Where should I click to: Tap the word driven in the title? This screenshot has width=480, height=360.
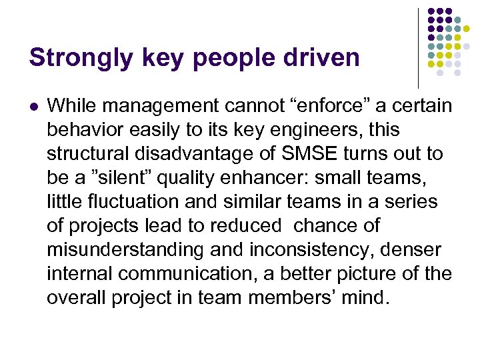pyautogui.click(x=329, y=58)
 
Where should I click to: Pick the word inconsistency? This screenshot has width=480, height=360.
pyautogui.click(x=311, y=249)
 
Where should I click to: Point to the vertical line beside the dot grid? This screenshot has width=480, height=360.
pyautogui.click(x=419, y=48)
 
